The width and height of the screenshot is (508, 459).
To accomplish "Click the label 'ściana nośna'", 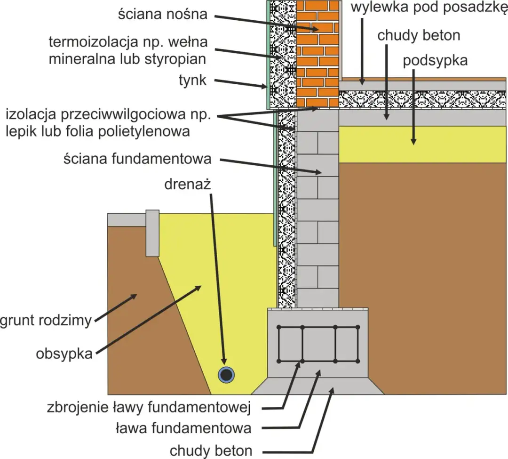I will (x=162, y=14).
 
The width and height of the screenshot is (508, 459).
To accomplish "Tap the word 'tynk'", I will (x=192, y=81).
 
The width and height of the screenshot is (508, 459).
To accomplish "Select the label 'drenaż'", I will (x=188, y=184).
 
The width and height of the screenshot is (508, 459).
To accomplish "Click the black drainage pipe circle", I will (x=227, y=375).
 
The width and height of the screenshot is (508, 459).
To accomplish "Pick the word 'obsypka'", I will (x=63, y=354).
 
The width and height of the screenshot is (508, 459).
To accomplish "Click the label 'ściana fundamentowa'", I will (x=137, y=159).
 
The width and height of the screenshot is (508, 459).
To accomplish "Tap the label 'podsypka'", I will (x=435, y=61).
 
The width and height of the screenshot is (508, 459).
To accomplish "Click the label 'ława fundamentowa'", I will (x=183, y=428).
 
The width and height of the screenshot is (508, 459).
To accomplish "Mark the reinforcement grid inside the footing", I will (x=318, y=344).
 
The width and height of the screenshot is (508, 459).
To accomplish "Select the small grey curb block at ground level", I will (x=152, y=233).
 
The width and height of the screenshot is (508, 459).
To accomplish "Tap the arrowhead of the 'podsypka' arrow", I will (x=414, y=141).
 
